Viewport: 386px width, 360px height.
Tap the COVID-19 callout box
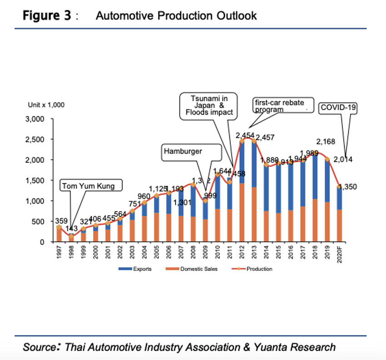[x=338, y=108]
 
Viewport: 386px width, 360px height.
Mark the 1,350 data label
[x=349, y=186]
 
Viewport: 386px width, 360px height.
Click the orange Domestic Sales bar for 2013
[x=253, y=214]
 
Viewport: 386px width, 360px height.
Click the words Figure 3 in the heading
[x=47, y=16]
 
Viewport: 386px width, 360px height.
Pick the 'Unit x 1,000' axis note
[x=46, y=105]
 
